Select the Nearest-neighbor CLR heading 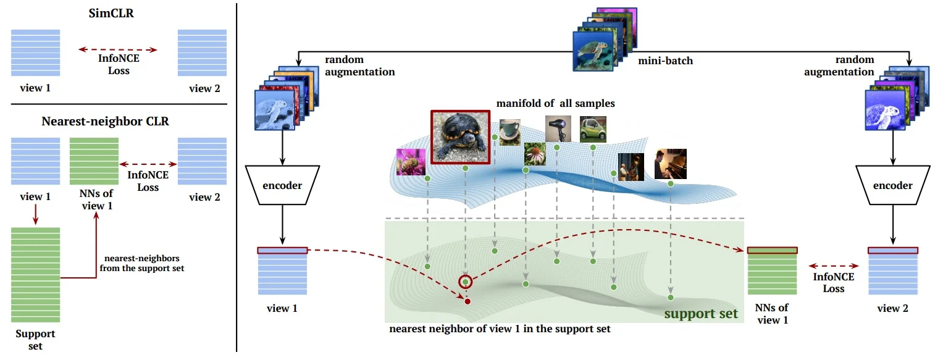[x=105, y=121]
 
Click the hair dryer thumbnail [x=558, y=129]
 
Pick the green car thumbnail [x=593, y=129]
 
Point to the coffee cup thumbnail [x=510, y=132]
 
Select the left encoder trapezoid [x=282, y=185]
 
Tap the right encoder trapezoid [x=893, y=185]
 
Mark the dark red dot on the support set [x=467, y=301]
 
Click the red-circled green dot [x=466, y=282]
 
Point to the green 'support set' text [x=701, y=314]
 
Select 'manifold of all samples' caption [x=560, y=103]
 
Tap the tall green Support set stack [x=36, y=274]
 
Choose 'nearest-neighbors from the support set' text [x=141, y=264]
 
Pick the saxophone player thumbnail [x=631, y=166]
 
